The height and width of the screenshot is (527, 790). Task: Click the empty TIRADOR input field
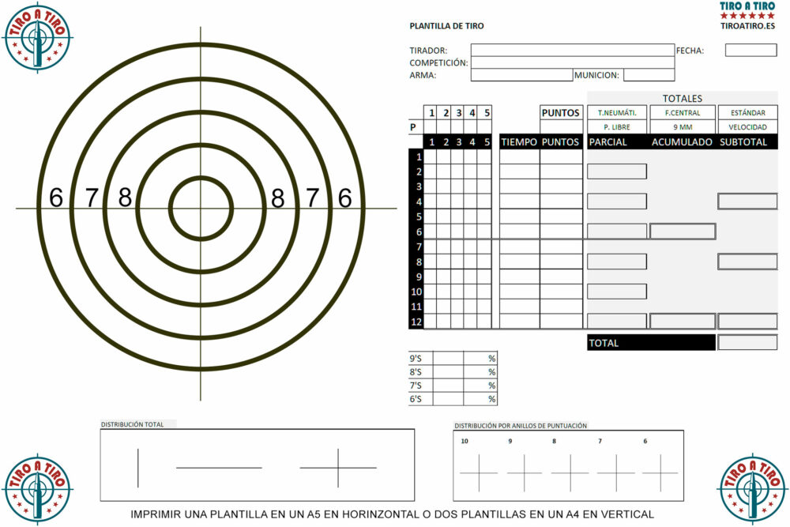click(x=572, y=50)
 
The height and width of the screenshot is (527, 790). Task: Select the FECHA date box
click(x=750, y=50)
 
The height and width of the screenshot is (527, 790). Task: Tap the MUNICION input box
click(x=649, y=75)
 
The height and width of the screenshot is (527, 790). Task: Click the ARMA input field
click(x=522, y=75)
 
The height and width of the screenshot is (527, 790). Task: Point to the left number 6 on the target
click(x=56, y=198)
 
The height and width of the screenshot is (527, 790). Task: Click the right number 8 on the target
click(x=277, y=198)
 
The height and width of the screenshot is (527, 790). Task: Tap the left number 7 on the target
click(x=91, y=198)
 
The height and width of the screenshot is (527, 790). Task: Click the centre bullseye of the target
click(x=201, y=208)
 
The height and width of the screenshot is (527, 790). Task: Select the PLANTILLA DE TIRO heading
click(x=446, y=26)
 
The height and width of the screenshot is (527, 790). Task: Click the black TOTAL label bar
click(x=651, y=343)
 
